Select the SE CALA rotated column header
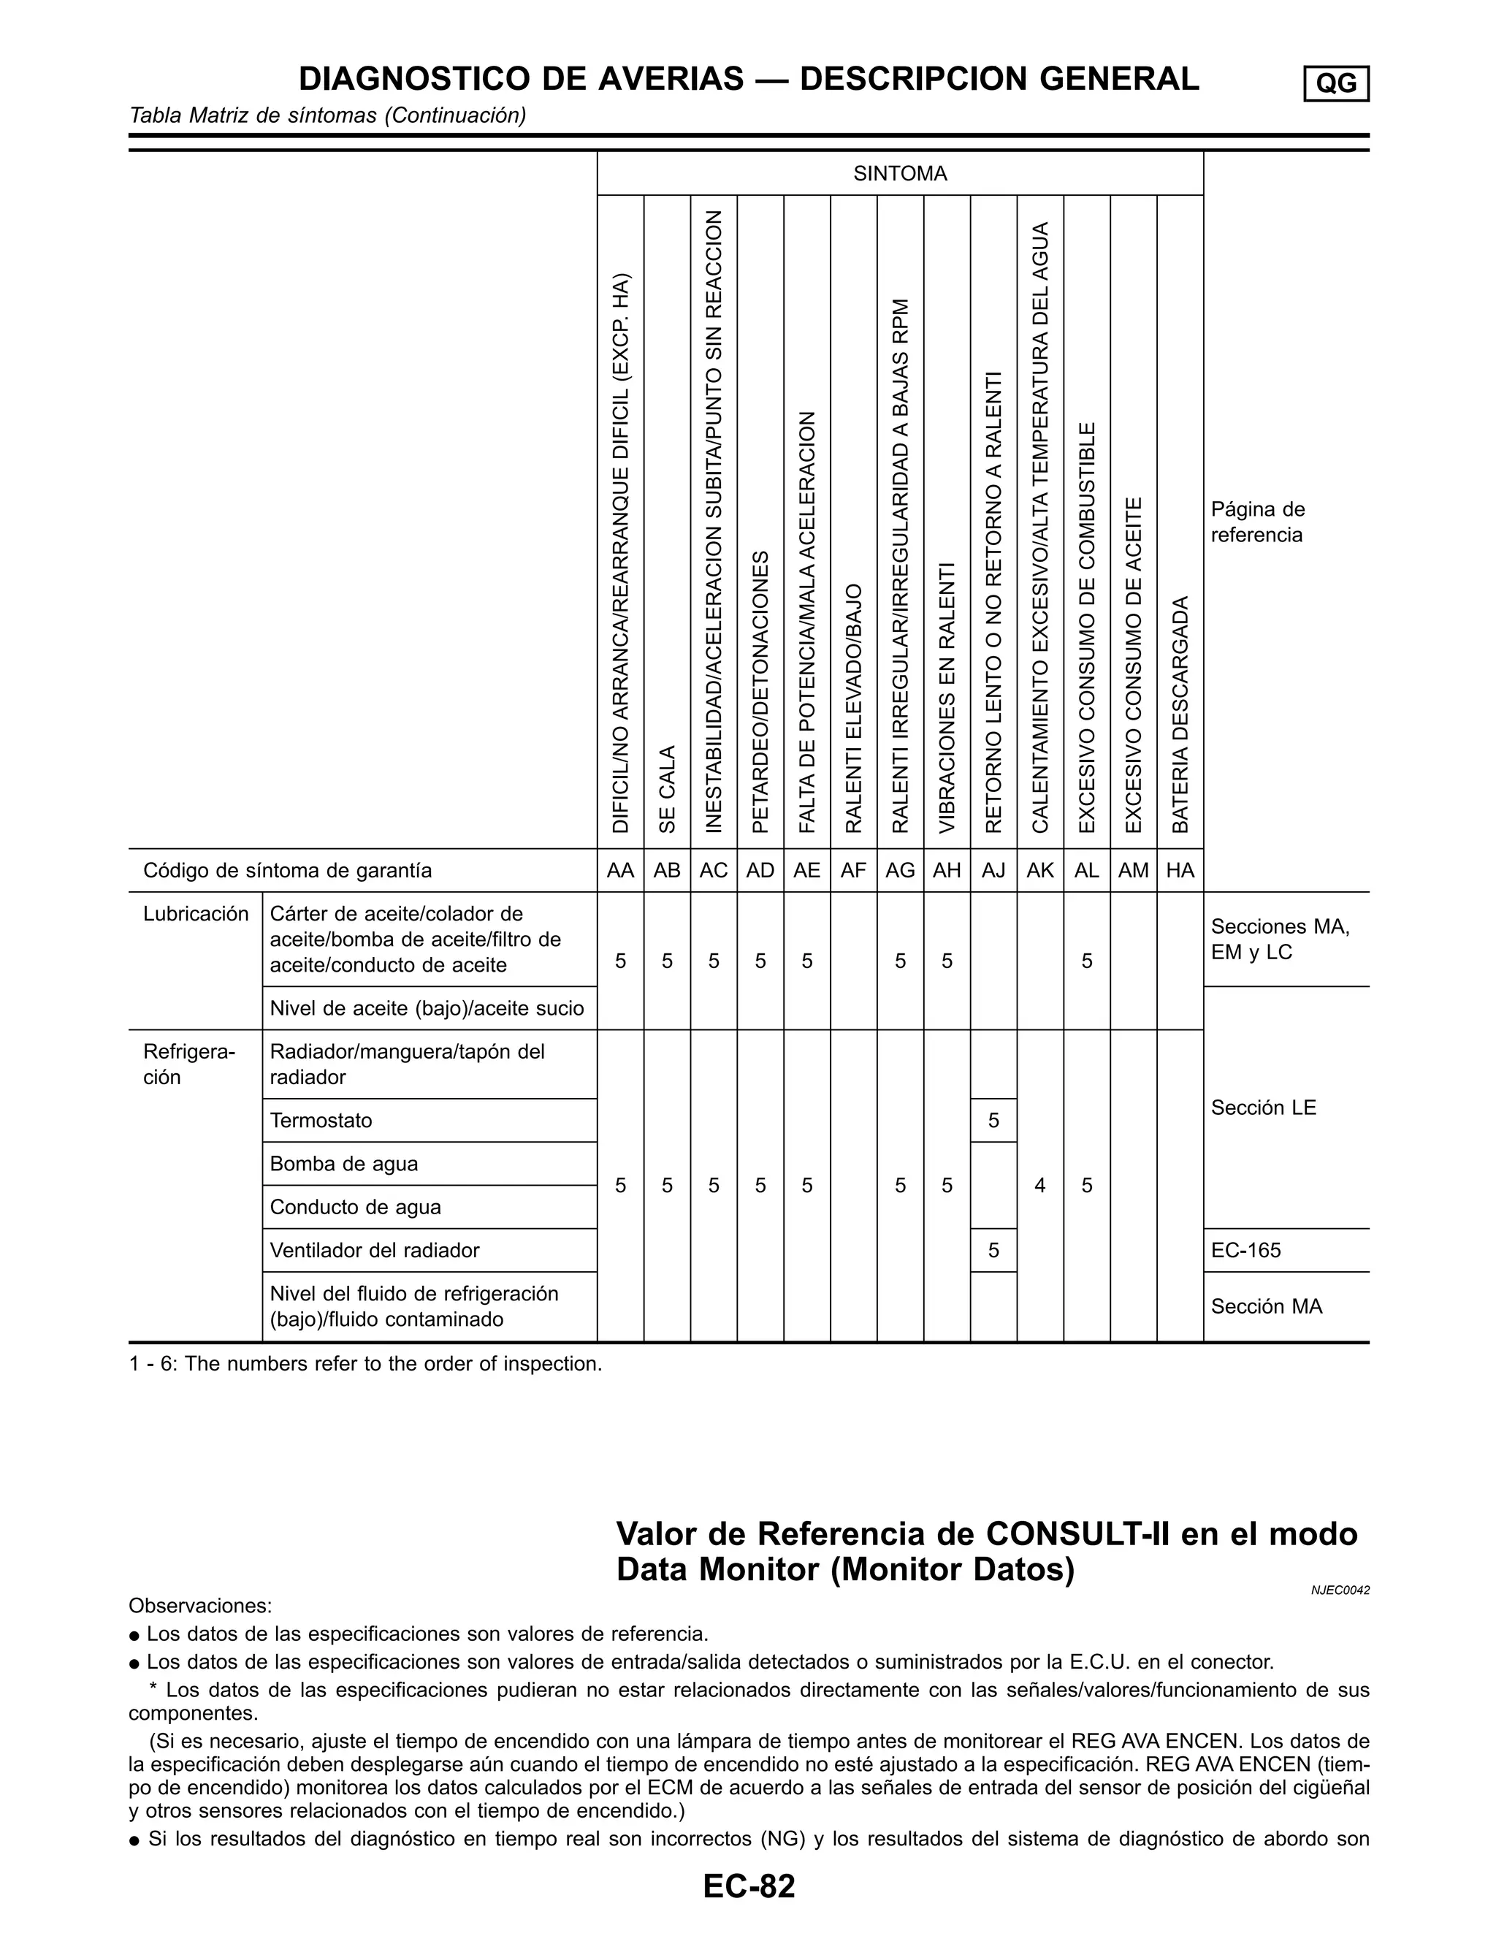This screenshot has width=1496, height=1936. (x=668, y=788)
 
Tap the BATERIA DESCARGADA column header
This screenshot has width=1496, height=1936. (x=1180, y=714)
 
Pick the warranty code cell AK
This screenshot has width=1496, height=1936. (x=1039, y=871)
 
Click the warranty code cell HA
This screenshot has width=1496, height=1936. (x=1180, y=871)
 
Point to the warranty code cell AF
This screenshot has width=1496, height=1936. (x=853, y=871)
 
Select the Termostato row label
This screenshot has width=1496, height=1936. (x=321, y=1121)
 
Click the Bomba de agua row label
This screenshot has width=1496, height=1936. (x=343, y=1164)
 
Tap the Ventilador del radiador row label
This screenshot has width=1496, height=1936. (x=374, y=1251)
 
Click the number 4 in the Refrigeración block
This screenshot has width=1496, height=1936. (x=1039, y=1185)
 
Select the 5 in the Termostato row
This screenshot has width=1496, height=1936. (x=993, y=1121)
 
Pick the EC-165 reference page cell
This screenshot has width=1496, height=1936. (x=1245, y=1251)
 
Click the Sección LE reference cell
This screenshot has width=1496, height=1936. (x=1263, y=1107)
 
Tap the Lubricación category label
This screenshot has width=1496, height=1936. (x=196, y=914)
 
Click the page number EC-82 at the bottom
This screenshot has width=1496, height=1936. (x=749, y=1886)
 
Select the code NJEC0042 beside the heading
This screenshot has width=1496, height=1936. (x=1340, y=1591)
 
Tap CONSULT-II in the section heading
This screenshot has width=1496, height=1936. (x=1077, y=1534)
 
